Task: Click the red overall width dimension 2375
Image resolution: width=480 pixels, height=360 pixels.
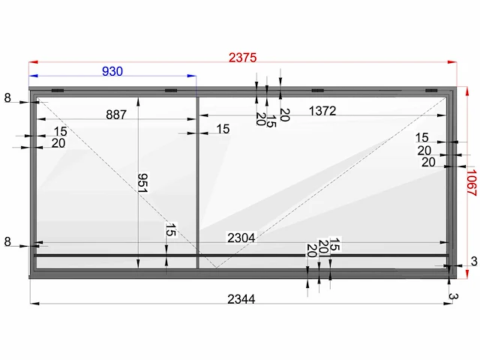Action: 242,58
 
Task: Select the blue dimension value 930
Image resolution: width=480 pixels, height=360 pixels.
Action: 112,71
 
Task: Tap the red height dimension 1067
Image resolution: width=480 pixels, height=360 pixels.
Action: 472,183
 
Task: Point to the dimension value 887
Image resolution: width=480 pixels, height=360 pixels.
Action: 116,115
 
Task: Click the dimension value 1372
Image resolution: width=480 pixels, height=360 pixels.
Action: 322,111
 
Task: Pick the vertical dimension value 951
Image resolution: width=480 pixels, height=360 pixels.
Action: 143,183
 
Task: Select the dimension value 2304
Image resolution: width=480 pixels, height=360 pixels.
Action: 241,238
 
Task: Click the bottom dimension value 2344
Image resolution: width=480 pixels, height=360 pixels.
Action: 241,299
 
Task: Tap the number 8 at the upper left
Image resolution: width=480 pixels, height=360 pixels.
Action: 7,98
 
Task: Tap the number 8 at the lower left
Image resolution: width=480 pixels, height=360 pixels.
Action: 7,241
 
